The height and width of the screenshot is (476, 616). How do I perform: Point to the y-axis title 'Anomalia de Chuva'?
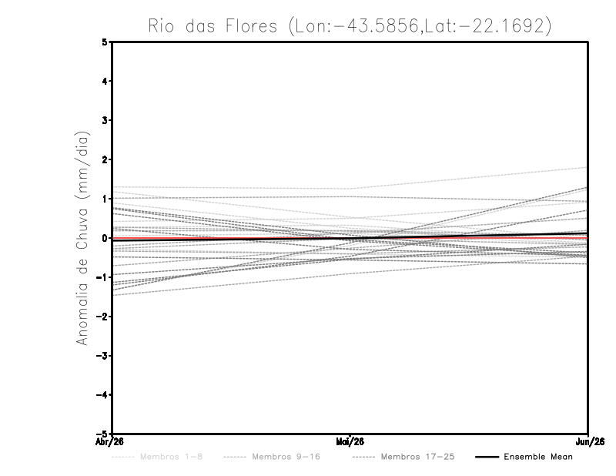click(x=82, y=238)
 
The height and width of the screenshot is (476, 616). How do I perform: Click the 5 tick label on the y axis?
click(x=105, y=42)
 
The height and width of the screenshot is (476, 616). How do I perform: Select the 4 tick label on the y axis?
click(x=105, y=82)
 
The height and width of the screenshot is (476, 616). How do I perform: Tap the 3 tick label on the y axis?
click(x=105, y=121)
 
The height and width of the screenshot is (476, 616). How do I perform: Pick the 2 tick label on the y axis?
click(x=105, y=160)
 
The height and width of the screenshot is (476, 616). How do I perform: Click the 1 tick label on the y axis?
click(x=105, y=199)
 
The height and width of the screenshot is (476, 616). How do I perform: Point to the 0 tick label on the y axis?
click(x=105, y=238)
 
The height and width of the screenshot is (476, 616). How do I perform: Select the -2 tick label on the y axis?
click(x=102, y=317)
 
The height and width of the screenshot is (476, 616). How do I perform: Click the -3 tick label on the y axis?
click(x=102, y=356)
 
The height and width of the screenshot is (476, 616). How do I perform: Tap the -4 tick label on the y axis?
click(x=102, y=395)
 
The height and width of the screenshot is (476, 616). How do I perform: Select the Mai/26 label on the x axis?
click(x=350, y=441)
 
